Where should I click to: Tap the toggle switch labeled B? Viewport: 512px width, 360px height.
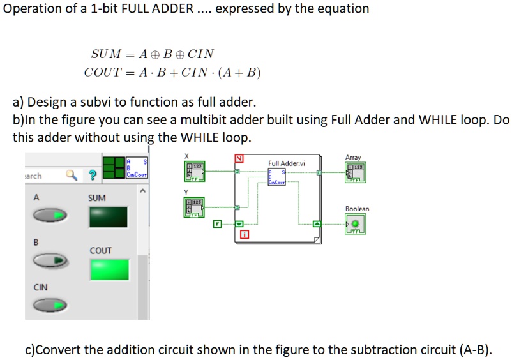pyautogui.click(x=50, y=260)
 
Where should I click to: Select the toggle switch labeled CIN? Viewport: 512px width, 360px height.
pyautogui.click(x=50, y=306)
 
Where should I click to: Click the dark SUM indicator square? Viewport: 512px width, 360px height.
pyautogui.click(x=109, y=218)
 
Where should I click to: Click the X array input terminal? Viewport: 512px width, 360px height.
pyautogui.click(x=194, y=171)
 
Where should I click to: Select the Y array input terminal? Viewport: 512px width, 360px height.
pyautogui.click(x=194, y=207)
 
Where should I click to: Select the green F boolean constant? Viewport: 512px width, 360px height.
pyautogui.click(x=217, y=224)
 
